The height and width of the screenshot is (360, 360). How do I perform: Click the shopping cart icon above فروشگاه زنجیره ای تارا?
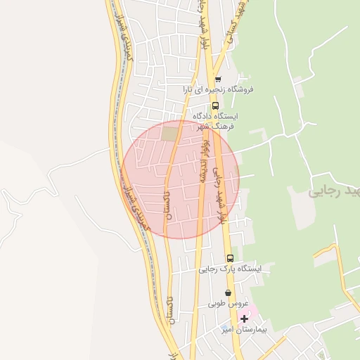coord(218,79)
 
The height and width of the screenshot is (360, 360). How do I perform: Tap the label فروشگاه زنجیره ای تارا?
coord(218,89)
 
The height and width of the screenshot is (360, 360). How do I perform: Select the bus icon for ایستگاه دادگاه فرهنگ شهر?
coord(215,105)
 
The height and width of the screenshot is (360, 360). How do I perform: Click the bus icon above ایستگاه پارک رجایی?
coord(229,258)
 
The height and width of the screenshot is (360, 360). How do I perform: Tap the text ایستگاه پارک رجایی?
coord(229,269)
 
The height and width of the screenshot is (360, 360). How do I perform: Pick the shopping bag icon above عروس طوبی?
coord(227,293)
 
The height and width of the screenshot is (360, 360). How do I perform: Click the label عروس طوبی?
coord(227,304)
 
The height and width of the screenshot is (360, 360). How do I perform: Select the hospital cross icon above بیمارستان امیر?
coord(244,319)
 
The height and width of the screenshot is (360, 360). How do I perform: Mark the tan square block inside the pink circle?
coord(169,133)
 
